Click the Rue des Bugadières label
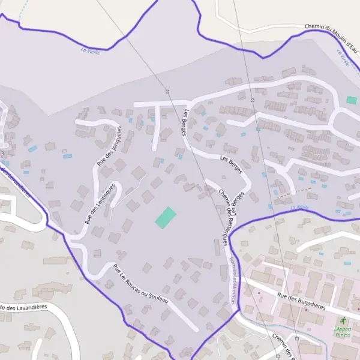pyautogui.click(x=301, y=298)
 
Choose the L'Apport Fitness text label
pyautogui.click(x=343, y=332)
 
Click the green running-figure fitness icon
pyautogui.click(x=343, y=322)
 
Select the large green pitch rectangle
pyautogui.click(x=166, y=217)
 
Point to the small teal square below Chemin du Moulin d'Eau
pyautogui.click(x=351, y=100)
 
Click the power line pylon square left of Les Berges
pyautogui.click(x=168, y=91)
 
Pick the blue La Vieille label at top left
pyautogui.click(x=90, y=51)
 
